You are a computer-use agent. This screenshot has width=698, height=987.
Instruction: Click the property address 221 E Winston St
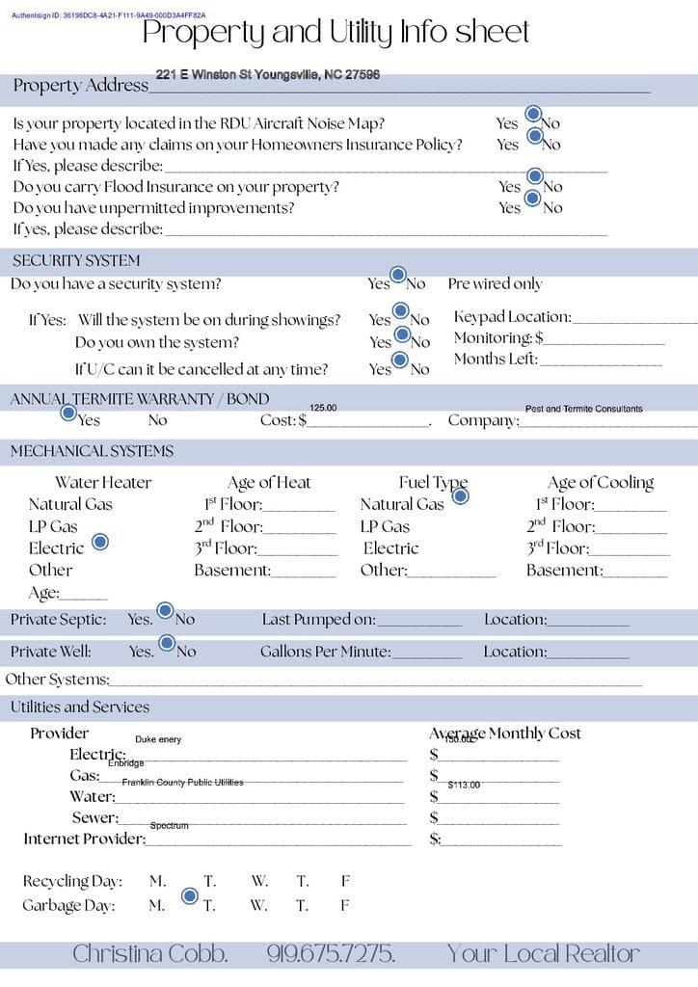coord(267,74)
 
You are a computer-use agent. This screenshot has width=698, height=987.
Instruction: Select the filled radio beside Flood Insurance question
coord(535,178)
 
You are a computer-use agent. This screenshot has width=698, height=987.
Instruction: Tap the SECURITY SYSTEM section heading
coord(76,260)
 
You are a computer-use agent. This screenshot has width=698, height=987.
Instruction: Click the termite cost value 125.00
coord(323,408)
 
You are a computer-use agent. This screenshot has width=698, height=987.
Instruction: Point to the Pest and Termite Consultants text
coord(583,409)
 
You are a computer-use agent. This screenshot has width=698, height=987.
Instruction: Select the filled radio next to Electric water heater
coord(99,543)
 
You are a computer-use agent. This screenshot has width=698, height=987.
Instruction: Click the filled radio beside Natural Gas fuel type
coord(460,496)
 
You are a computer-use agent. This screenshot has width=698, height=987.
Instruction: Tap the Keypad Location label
coord(512,317)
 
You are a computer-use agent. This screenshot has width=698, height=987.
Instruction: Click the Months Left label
coord(496,360)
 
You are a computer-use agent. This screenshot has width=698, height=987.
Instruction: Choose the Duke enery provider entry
coord(158,739)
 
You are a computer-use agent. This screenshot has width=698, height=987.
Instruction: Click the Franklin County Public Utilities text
coord(182,782)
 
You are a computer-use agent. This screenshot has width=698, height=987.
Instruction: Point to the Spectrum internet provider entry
coord(169,825)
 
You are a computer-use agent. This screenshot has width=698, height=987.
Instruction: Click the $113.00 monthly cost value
coord(464,785)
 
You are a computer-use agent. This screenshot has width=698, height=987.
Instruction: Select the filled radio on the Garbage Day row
coord(190,896)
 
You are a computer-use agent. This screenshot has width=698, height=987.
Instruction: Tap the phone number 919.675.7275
coord(331,954)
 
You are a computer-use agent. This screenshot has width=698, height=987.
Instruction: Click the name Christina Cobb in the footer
coord(149,954)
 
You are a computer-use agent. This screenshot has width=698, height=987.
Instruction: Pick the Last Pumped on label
coord(318,620)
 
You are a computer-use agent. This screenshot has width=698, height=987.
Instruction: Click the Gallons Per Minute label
coord(325,652)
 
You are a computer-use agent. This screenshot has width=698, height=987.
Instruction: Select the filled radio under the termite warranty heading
coord(68,413)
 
